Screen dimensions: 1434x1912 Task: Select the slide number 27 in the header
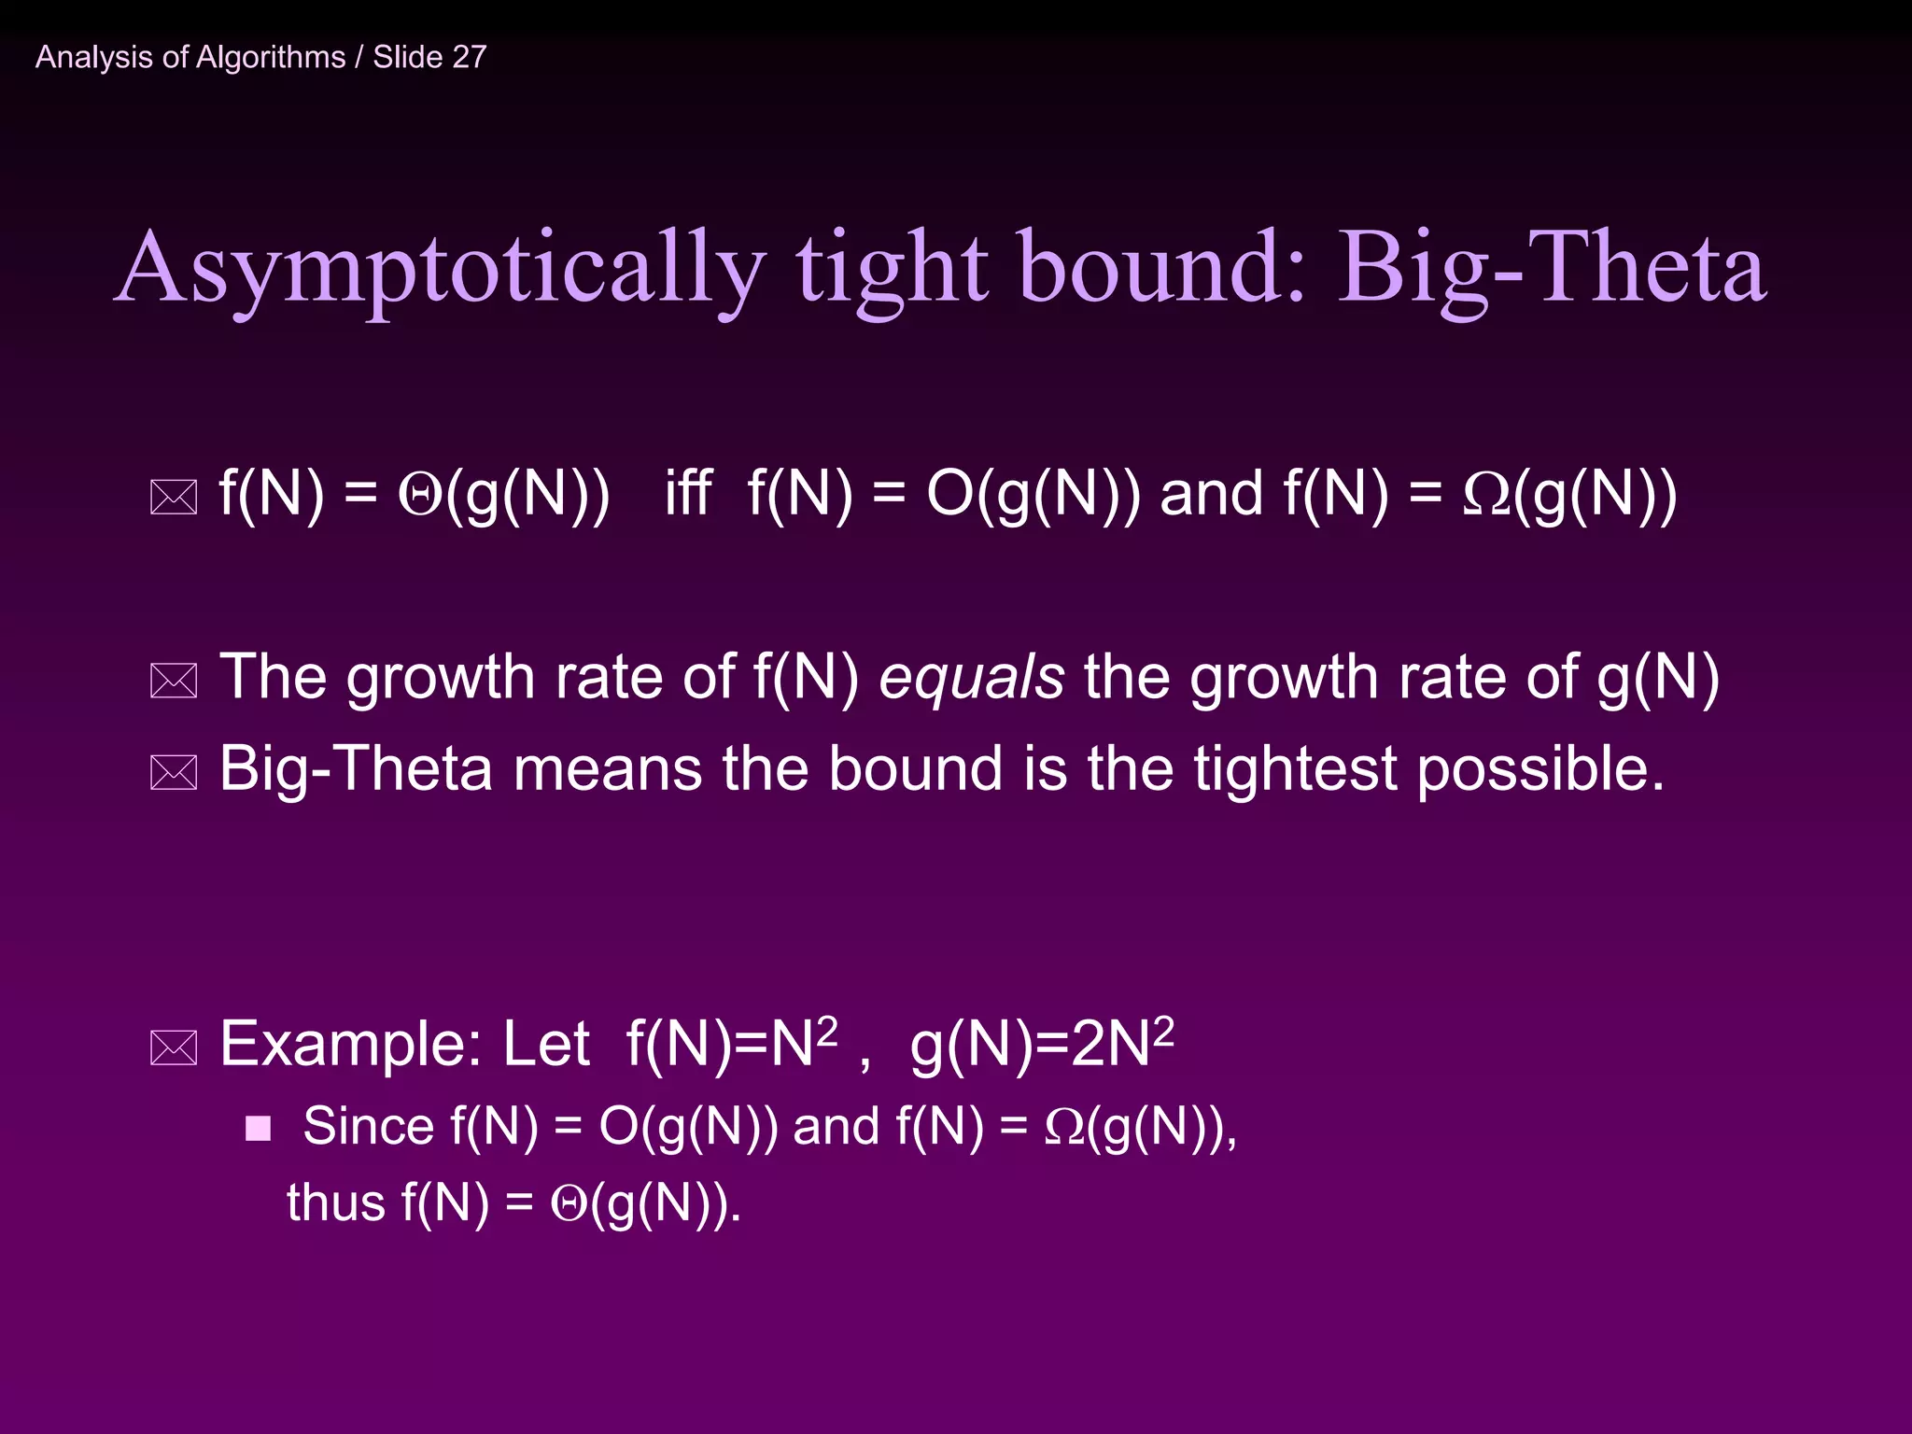[x=469, y=57]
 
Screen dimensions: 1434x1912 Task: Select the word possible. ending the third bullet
[x=1540, y=769]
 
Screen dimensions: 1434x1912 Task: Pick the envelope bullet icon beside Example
[x=174, y=1048]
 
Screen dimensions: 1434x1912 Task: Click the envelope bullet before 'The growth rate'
[x=174, y=682]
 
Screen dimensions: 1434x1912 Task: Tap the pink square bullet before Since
[x=258, y=1129]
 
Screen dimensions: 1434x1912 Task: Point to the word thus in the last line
[x=335, y=1202]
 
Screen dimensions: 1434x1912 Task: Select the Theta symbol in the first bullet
[x=419, y=495]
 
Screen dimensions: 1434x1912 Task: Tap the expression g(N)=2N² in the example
[x=1041, y=1044]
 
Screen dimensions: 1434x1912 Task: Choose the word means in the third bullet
[x=607, y=769]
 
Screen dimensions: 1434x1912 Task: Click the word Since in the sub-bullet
[x=368, y=1126]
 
